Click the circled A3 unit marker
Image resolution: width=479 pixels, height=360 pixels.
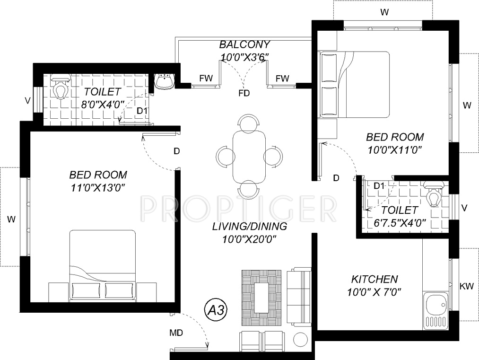(216, 310)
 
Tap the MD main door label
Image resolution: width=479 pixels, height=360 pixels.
(176, 333)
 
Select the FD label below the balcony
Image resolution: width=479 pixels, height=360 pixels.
(244, 93)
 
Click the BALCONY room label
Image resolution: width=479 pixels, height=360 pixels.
(244, 44)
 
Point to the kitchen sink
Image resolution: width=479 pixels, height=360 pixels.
(435, 310)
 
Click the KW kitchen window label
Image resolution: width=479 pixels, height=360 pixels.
(467, 286)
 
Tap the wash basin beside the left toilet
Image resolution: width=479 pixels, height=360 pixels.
(165, 81)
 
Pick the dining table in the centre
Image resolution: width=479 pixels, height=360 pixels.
(249, 157)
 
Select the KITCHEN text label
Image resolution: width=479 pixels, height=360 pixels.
(374, 279)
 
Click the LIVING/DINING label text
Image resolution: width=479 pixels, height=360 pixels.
(250, 227)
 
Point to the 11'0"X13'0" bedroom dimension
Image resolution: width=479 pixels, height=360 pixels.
(98, 188)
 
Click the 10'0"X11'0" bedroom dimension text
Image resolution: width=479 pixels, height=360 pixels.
(395, 150)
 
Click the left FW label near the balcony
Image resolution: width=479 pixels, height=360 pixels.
(206, 78)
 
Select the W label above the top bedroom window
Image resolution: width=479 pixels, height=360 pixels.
(384, 12)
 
